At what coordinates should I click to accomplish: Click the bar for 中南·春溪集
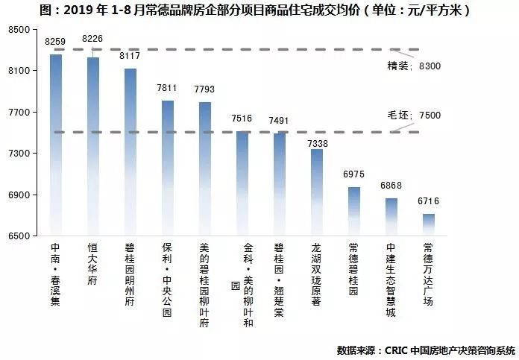[56, 145]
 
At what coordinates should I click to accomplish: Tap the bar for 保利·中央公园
[168, 168]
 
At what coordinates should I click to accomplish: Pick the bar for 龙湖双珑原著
[317, 192]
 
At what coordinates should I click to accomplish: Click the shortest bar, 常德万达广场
[429, 225]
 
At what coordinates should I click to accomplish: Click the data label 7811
[167, 89]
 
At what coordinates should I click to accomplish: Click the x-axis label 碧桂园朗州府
[130, 274]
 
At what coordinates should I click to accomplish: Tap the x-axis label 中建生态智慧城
[391, 279]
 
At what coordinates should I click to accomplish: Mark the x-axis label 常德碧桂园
[354, 268]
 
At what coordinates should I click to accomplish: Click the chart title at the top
[259, 10]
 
